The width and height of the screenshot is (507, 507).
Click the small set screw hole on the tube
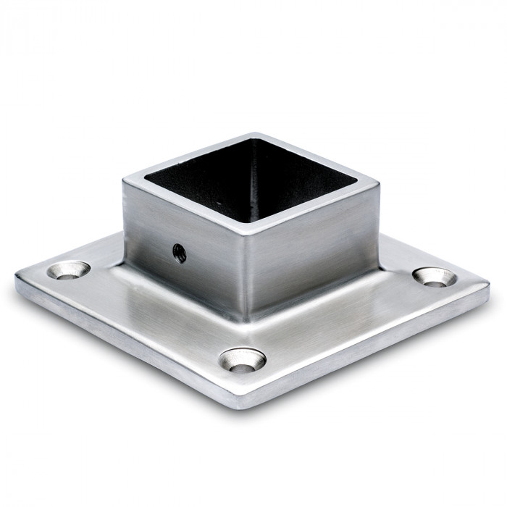179,253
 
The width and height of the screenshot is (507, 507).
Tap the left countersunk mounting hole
69,270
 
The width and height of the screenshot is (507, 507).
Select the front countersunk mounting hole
243,359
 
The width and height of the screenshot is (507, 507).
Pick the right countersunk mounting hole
435,276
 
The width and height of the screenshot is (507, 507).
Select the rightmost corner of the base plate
487,287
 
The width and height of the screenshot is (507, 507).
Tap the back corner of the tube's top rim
251,135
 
